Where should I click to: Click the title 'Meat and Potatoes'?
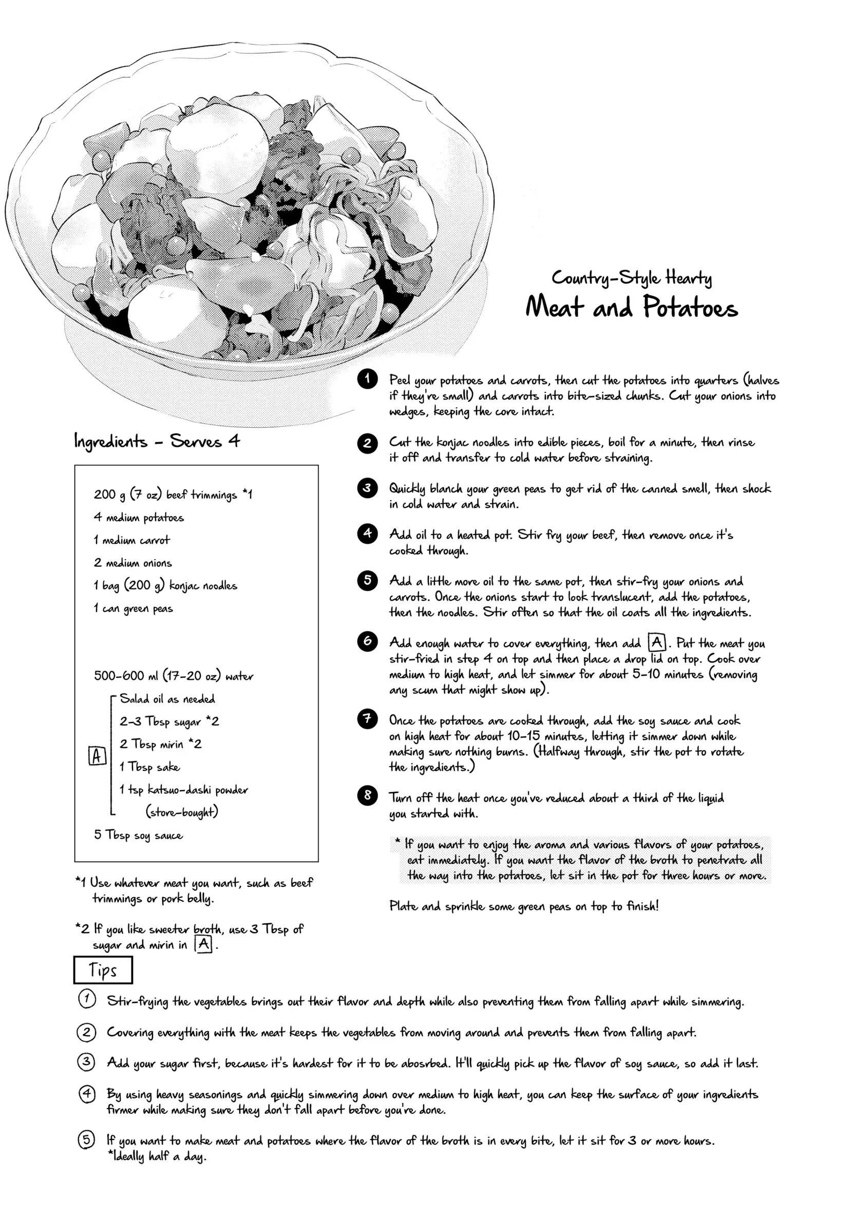pos(631,307)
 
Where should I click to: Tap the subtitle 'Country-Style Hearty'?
pos(631,277)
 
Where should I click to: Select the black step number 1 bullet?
pos(367,379)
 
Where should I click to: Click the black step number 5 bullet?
pos(367,580)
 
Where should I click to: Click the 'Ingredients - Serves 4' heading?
pos(157,441)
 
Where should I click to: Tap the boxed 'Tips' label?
pos(103,970)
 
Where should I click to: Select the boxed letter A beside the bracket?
pos(97,756)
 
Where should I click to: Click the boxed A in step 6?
pos(657,642)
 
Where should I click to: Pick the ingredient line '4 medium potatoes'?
pos(139,518)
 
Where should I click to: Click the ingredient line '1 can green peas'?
pos(134,609)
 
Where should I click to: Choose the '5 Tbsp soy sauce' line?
pos(138,835)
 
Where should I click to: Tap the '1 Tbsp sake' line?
pos(149,767)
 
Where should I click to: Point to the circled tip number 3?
pos(86,1062)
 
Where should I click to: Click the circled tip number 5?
pos(86,1139)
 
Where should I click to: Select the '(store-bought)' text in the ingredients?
pos(182,812)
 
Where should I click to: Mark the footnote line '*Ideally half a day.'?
pos(156,1156)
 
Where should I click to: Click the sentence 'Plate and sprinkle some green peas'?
pos(523,906)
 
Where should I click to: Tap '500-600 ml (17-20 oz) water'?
pos(173,676)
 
